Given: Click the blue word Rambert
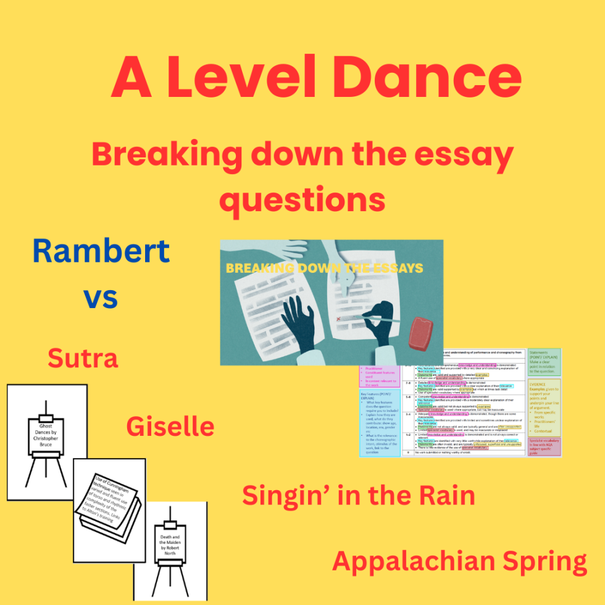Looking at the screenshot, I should click(x=101, y=251).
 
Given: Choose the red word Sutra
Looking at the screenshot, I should click(x=83, y=358).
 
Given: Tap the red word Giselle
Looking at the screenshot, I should click(x=170, y=426).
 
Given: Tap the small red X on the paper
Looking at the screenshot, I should click(x=338, y=320).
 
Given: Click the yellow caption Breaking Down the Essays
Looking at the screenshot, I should click(x=324, y=268).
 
